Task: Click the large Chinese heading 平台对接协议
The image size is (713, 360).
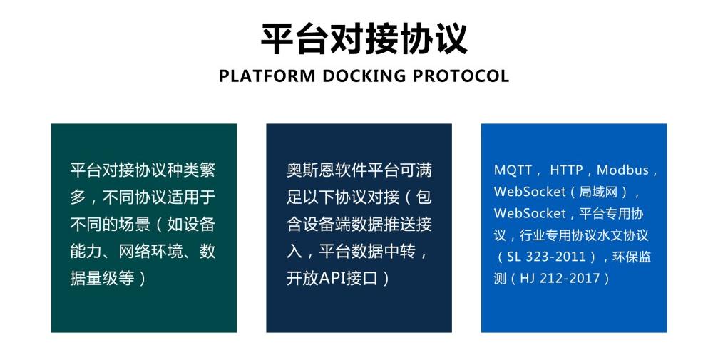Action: point(364,39)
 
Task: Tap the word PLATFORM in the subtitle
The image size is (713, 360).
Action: point(267,76)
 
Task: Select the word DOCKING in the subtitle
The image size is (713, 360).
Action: point(364,76)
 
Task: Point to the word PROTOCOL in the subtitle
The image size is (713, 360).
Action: point(461,76)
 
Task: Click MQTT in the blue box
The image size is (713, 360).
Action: point(513,170)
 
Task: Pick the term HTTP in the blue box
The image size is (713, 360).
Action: point(566,170)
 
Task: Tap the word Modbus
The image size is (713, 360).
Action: point(622,170)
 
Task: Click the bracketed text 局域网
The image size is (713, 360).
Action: point(598,192)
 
